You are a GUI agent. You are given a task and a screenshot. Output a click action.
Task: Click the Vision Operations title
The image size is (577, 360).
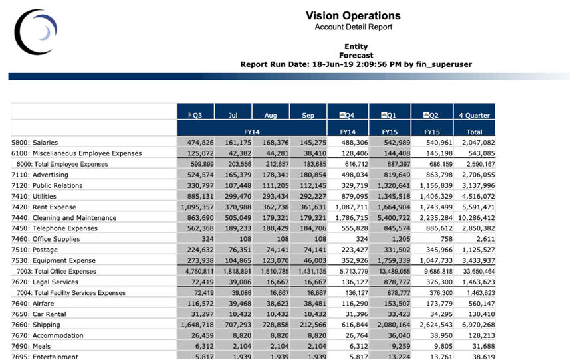pyautogui.click(x=353, y=15)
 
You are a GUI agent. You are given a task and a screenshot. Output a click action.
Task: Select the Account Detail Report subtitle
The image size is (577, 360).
pyautogui.click(x=353, y=27)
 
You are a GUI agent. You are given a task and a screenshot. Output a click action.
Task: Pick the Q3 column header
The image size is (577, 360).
pyautogui.click(x=196, y=115)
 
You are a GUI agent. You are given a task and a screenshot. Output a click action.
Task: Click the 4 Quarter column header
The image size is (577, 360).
pyautogui.click(x=474, y=115)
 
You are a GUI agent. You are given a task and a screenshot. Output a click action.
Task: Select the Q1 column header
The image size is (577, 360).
pyautogui.click(x=390, y=115)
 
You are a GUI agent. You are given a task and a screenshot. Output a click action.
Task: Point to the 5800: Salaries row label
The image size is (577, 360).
pyautogui.click(x=35, y=143)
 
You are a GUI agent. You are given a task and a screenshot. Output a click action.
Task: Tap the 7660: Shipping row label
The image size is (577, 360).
pyautogui.click(x=36, y=325)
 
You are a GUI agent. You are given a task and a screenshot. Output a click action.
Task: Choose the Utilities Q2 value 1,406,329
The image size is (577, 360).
pyautogui.click(x=432, y=197)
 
